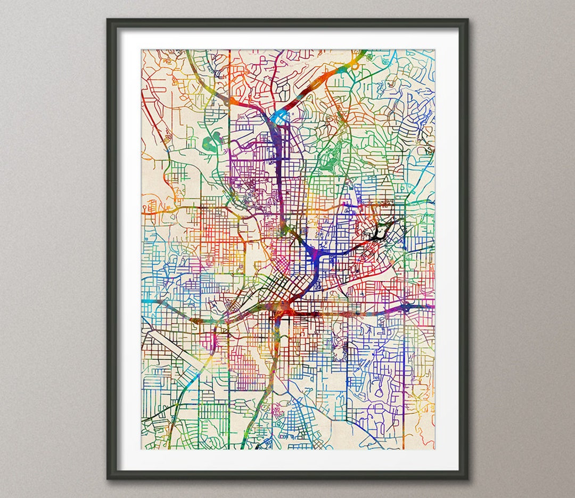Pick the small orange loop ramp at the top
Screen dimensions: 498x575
tap(353, 67)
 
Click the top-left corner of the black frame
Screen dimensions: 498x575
tap(108, 20)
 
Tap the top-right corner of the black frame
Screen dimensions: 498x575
tap(467, 20)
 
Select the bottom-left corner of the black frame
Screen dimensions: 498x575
tap(108, 478)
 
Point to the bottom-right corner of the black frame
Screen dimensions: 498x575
tap(467, 478)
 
